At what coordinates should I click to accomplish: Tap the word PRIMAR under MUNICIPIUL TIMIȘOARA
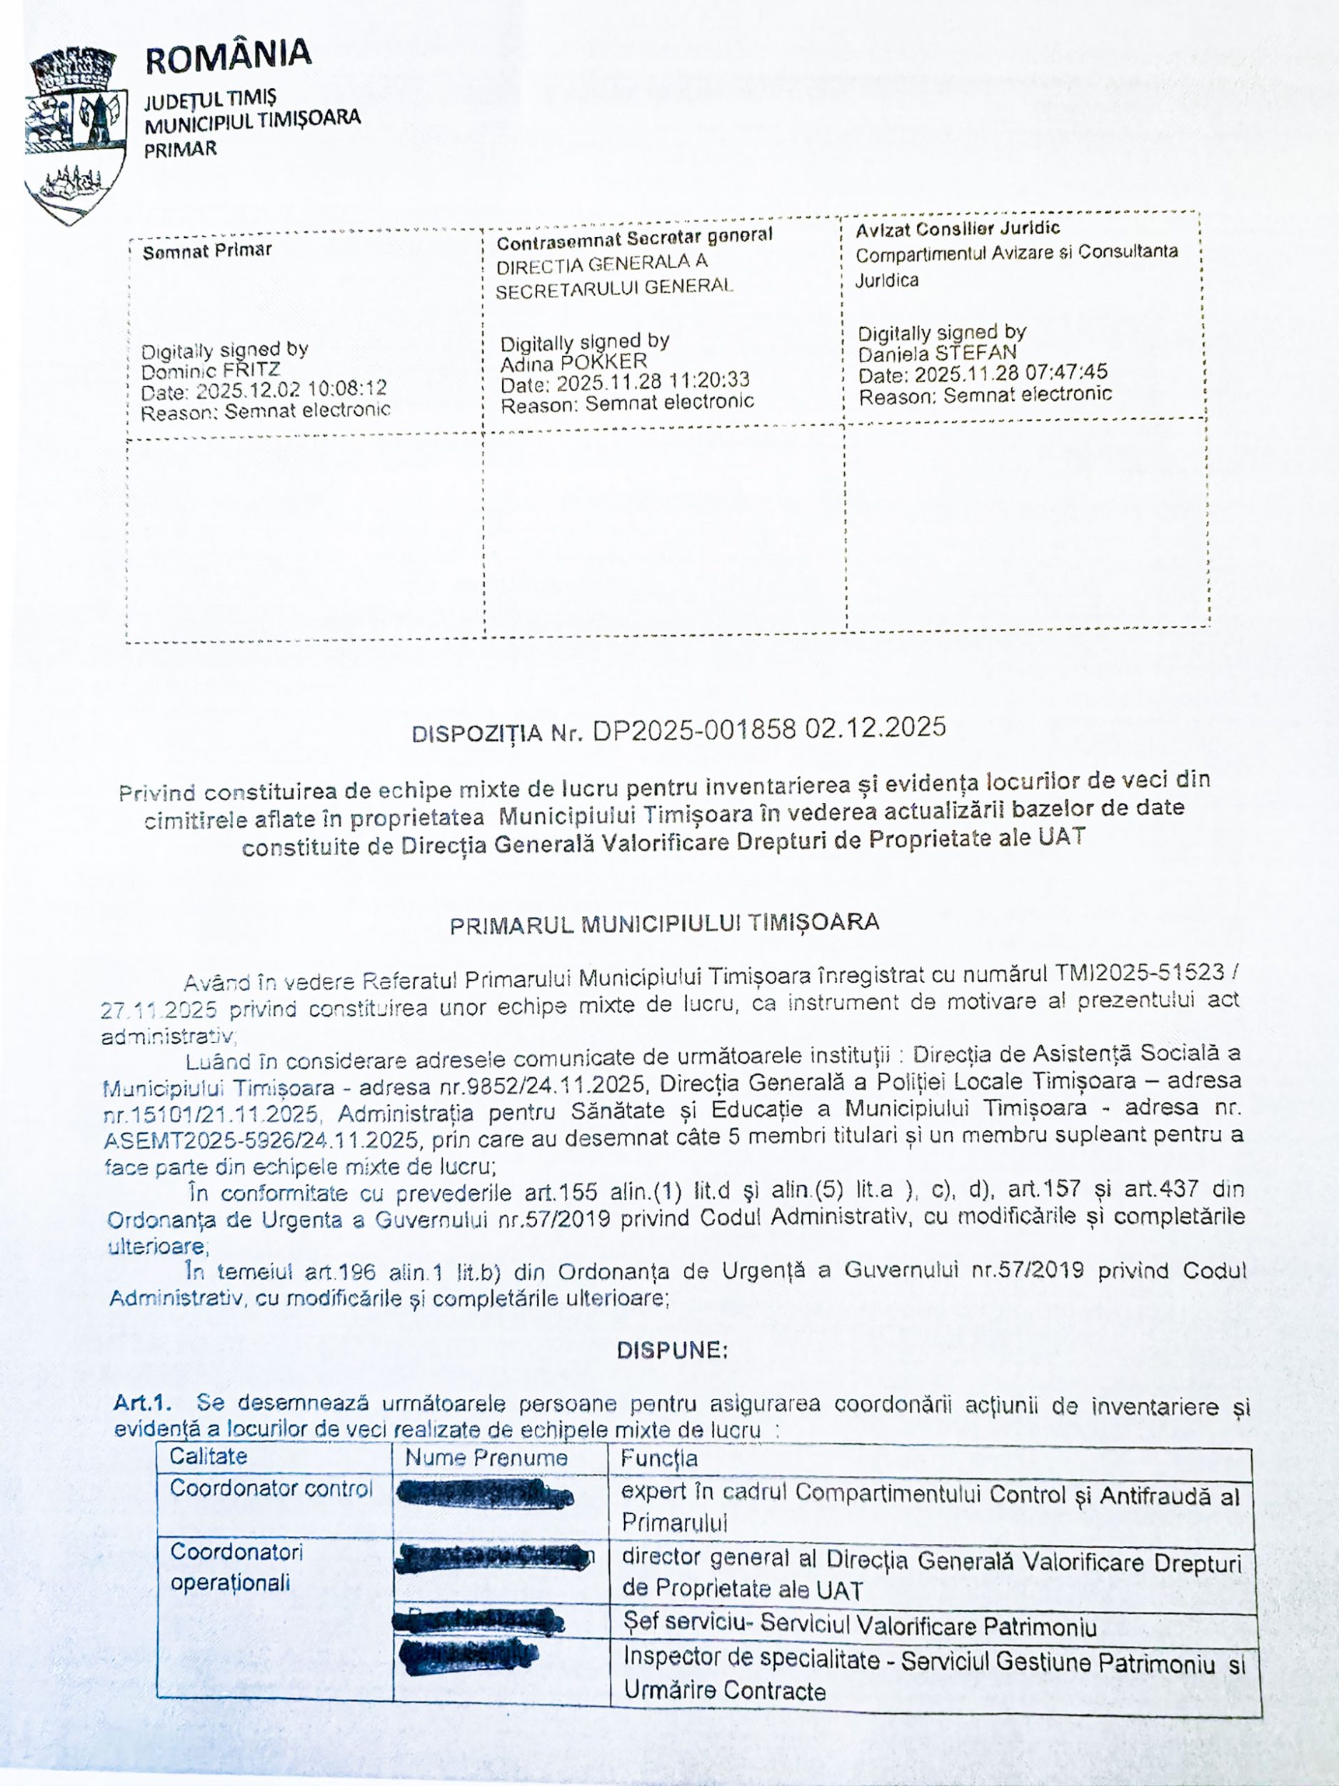(x=180, y=149)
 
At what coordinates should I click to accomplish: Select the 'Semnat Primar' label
(x=206, y=251)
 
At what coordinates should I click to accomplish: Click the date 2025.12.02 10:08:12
(x=291, y=390)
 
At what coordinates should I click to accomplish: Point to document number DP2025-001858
(x=694, y=730)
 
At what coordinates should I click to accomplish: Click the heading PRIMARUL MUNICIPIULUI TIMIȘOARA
(x=663, y=924)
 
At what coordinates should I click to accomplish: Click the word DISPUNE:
(x=671, y=1350)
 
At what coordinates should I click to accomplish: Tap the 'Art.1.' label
(x=142, y=1402)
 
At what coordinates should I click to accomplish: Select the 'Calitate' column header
(x=209, y=1457)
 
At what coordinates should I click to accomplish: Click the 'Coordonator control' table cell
(x=271, y=1488)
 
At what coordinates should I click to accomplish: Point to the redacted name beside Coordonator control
(x=485, y=1495)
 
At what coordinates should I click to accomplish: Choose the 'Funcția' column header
(x=658, y=1458)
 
